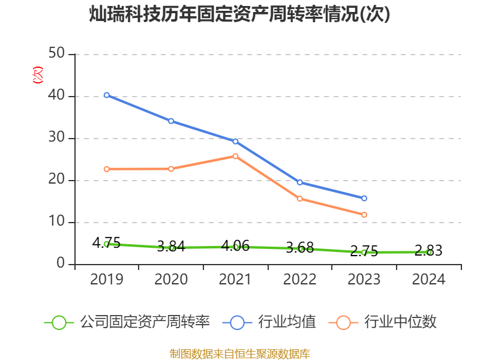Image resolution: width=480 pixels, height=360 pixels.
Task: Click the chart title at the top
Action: tap(240, 14)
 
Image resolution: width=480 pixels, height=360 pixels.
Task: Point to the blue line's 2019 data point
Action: tap(106, 95)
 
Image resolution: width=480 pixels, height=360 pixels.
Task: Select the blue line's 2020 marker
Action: tap(171, 121)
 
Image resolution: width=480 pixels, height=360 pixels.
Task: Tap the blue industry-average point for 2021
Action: tap(235, 141)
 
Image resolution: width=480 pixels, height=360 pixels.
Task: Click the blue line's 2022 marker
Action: tap(300, 182)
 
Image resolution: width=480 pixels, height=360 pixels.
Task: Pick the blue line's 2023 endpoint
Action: tap(364, 198)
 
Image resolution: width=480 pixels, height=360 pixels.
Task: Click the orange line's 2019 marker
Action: tap(106, 169)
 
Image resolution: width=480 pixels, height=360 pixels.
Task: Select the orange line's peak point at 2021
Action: tap(235, 156)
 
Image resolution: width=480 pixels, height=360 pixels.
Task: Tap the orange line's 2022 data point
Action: tap(300, 198)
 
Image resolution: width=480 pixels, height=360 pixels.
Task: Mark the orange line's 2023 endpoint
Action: tap(364, 214)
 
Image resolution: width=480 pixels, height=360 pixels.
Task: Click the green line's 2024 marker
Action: tap(429, 252)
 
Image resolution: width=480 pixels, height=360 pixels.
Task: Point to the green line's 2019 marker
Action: tap(106, 244)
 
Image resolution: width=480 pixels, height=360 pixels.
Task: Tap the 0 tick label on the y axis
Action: tap(61, 264)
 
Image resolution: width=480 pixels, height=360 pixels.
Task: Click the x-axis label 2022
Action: tap(300, 280)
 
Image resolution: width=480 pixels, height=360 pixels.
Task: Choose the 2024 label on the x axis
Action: tap(429, 280)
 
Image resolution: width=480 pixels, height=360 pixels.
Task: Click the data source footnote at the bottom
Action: tap(240, 353)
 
